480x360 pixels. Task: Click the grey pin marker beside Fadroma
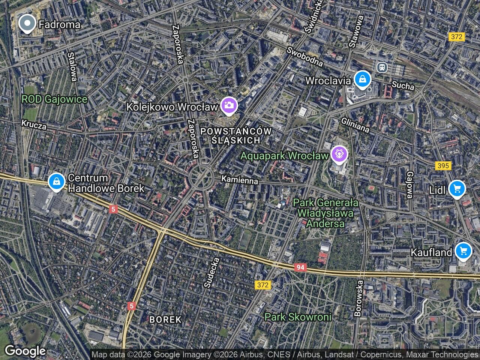pyautogui.click(x=27, y=24)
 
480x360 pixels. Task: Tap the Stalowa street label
pyautogui.click(x=72, y=66)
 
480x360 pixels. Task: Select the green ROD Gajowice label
pyautogui.click(x=54, y=99)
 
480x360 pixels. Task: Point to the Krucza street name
pyautogui.click(x=34, y=124)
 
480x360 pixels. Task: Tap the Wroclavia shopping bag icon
pyautogui.click(x=363, y=79)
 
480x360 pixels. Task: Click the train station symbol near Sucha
pyautogui.click(x=382, y=67)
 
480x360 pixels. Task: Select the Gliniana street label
pyautogui.click(x=355, y=125)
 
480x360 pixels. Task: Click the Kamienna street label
pyautogui.click(x=240, y=180)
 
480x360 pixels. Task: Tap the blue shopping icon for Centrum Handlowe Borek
pyautogui.click(x=56, y=181)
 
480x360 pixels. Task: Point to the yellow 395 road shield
pyautogui.click(x=444, y=165)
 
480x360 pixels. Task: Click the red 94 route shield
pyautogui.click(x=300, y=267)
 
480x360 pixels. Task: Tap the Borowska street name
pyautogui.click(x=359, y=298)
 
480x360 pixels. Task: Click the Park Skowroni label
pyautogui.click(x=298, y=317)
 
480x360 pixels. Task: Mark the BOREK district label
pyautogui.click(x=165, y=319)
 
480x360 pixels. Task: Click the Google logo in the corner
pyautogui.click(x=25, y=351)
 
